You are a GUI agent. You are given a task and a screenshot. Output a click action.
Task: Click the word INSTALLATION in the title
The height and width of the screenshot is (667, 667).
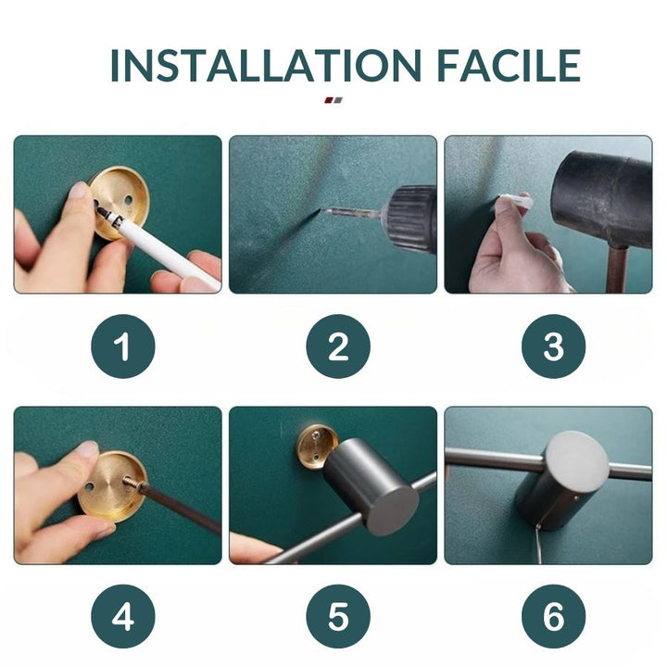tap(266, 66)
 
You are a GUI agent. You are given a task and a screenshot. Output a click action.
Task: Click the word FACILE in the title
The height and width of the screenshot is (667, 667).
tap(509, 66)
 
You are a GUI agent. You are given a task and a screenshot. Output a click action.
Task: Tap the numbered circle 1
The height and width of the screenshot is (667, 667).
tap(123, 346)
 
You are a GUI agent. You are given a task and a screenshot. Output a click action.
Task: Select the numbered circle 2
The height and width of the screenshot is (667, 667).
tap(338, 346)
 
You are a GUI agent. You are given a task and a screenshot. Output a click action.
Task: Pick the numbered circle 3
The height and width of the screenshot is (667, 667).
tap(553, 346)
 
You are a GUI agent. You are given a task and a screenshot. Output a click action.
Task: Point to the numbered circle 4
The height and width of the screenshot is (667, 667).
tap(123, 616)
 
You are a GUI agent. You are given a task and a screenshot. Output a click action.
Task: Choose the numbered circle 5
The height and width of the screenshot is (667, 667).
tap(338, 616)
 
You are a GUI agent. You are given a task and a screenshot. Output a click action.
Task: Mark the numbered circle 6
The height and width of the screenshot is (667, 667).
tap(553, 616)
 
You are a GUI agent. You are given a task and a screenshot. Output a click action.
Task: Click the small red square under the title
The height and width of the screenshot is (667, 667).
tap(329, 100)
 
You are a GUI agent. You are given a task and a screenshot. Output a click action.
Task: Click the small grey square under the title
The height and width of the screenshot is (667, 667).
tap(338, 100)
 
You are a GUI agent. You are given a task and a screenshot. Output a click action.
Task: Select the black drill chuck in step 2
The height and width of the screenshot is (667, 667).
tap(409, 218)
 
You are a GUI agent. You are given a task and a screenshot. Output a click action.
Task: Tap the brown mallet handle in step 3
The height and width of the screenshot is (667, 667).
tap(617, 271)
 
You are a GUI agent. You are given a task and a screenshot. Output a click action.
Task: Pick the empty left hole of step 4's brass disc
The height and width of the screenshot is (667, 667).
tap(89, 486)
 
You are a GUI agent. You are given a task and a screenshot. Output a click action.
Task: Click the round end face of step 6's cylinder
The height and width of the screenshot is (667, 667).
tap(577, 462)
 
